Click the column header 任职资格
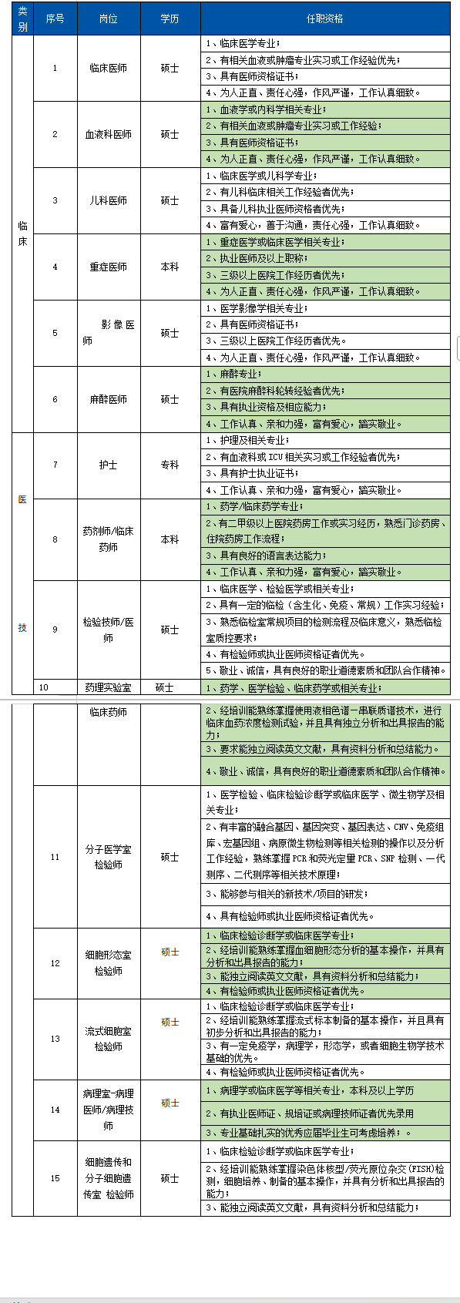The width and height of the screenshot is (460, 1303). coord(324,18)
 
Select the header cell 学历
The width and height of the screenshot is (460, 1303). coord(170,18)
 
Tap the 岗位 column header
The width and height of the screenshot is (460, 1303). coord(109,18)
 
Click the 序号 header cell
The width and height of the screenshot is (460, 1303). coord(55,18)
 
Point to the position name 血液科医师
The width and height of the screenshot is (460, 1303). coord(109,134)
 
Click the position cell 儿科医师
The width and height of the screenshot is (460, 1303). coord(109,200)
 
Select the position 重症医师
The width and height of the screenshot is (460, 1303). coord(109,267)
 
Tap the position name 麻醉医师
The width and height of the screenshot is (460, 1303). coord(109,399)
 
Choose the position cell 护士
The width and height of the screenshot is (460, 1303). coord(109,465)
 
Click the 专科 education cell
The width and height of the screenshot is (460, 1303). coord(170,465)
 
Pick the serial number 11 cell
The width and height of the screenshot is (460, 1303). coord(55,857)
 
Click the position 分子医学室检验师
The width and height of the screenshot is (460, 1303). coord(109,857)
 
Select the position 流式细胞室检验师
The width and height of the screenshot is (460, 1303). coord(109,1039)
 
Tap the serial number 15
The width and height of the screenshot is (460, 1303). coord(55,1178)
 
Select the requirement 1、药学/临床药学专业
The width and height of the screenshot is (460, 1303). coord(254,506)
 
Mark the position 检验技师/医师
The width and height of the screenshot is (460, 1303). coord(109,630)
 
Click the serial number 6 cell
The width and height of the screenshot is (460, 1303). coord(55,399)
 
